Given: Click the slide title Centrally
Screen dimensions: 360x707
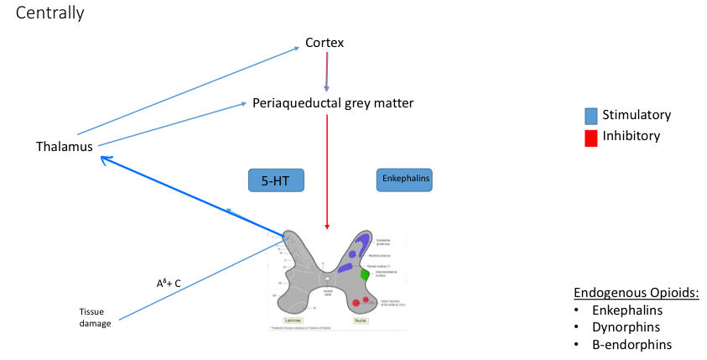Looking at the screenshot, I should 49,14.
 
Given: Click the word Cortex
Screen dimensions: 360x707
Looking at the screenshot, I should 325,43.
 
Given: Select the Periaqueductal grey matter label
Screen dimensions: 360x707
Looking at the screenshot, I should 333,103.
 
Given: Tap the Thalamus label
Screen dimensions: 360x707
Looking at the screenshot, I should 64,147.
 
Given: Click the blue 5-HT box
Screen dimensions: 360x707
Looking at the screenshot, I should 275,180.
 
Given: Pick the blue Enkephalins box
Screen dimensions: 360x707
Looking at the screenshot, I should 404,180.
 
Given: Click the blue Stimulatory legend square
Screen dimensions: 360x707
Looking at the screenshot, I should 591,116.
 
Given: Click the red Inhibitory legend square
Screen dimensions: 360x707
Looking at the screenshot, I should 591,137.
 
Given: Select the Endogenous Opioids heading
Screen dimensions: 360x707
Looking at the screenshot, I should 637,293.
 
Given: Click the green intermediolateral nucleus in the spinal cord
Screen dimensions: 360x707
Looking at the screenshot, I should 364,274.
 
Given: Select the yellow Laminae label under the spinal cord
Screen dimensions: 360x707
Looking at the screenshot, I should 293,321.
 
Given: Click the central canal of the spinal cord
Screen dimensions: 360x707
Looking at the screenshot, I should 328,279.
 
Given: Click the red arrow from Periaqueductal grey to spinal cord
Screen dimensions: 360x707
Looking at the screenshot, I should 327,168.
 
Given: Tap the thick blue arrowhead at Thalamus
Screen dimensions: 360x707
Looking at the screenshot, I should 103,158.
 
